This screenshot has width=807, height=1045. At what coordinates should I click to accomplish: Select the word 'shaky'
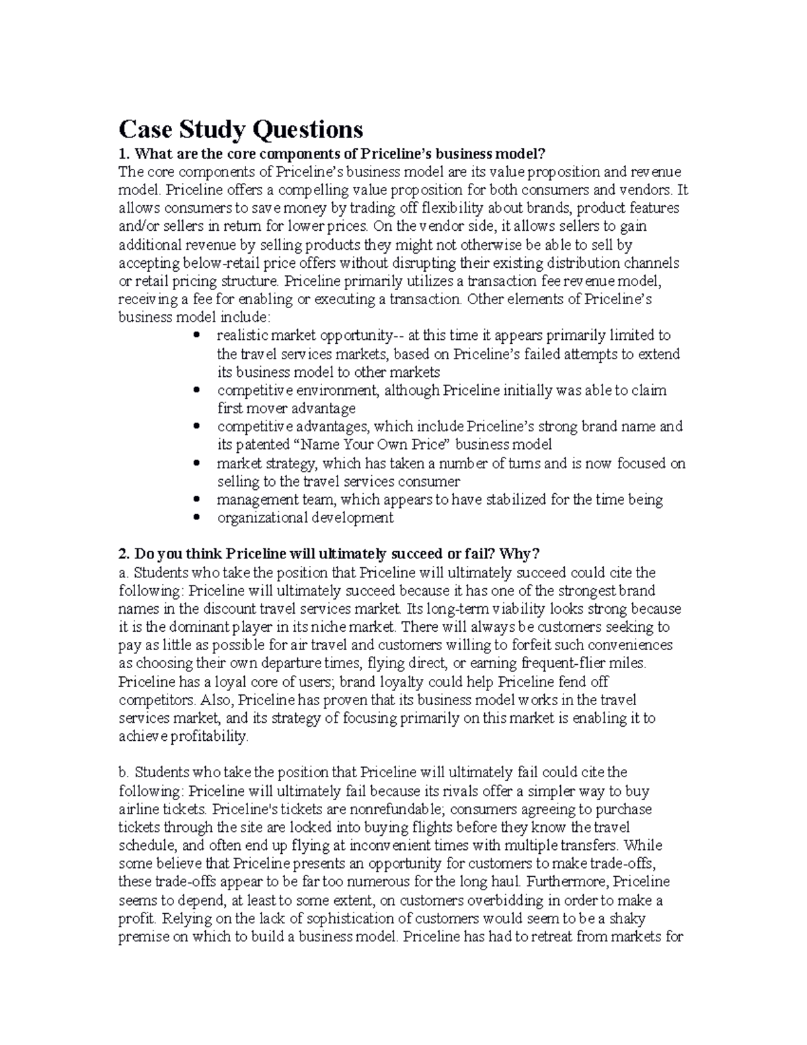(x=629, y=918)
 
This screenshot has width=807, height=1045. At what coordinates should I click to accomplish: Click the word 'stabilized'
(x=515, y=499)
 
